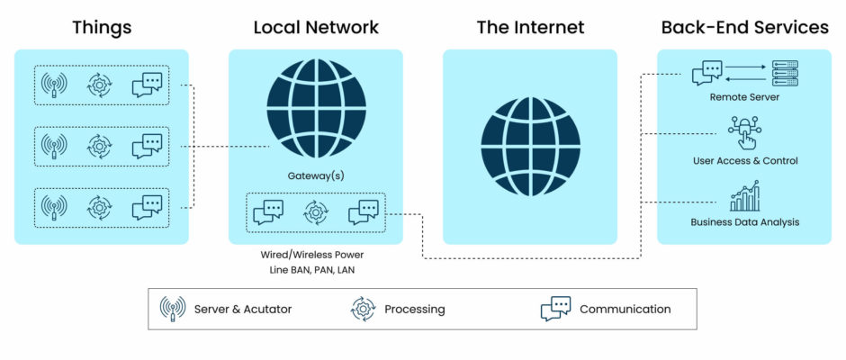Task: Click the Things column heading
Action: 102,28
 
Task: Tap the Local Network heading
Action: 316,28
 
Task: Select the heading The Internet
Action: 530,28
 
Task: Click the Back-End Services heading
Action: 744,28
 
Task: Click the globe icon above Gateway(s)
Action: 316,109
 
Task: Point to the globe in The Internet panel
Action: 530,146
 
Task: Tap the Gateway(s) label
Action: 316,175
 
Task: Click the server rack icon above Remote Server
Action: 785,73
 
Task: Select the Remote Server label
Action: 744,98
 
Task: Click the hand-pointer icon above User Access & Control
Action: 744,131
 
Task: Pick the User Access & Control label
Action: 745,161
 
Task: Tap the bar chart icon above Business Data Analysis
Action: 744,196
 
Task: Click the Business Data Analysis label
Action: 745,221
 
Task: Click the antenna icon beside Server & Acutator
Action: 173,309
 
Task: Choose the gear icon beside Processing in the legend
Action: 363,310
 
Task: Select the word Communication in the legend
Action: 625,310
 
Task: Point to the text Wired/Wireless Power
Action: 312,254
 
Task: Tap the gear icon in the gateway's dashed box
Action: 316,212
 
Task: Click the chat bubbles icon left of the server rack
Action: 706,73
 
